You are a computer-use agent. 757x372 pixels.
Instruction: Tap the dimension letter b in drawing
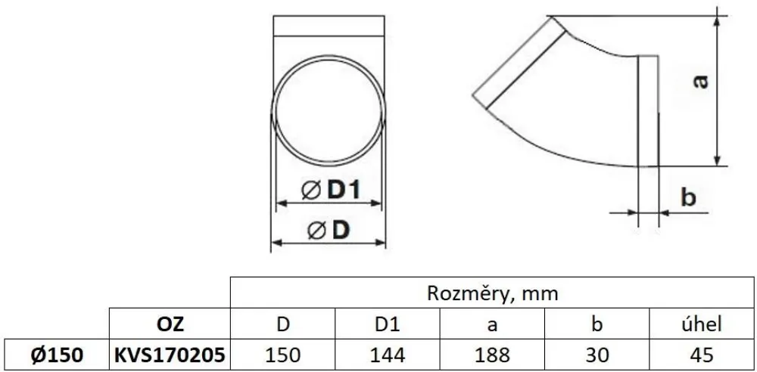click(687, 198)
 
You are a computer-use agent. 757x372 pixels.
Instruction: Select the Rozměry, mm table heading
click(493, 293)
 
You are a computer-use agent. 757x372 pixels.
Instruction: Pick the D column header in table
click(282, 324)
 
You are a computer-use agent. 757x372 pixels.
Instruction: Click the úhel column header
click(700, 324)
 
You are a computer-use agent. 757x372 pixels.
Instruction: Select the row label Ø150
click(55, 354)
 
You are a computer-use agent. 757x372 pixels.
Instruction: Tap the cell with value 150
click(282, 354)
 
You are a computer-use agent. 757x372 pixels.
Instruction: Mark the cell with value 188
click(493, 354)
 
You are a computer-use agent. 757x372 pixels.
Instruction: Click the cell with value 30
click(598, 354)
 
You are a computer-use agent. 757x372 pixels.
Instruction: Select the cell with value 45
click(700, 354)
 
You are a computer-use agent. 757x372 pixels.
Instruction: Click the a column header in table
click(493, 324)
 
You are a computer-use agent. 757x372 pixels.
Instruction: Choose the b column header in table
click(598, 324)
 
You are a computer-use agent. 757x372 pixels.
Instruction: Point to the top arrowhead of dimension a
click(716, 19)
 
